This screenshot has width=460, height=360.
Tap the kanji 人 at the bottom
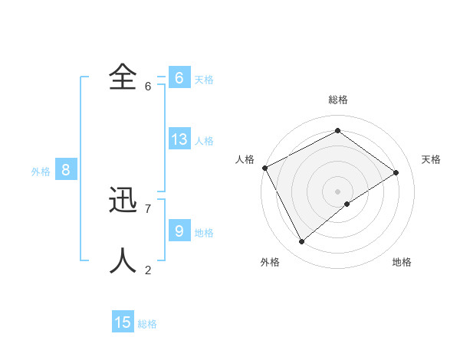[123, 261]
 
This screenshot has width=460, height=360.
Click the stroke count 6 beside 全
[148, 86]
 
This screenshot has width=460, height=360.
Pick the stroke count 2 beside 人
[148, 270]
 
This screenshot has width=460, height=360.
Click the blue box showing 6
[179, 78]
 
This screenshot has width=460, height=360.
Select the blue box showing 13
[179, 139]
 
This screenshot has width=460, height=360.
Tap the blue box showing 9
[179, 231]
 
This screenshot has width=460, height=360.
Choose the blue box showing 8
[66, 170]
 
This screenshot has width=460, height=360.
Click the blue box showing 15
[123, 322]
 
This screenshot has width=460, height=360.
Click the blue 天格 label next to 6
[204, 80]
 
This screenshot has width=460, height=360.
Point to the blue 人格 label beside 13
[204, 141]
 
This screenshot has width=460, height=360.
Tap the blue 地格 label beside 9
[204, 232]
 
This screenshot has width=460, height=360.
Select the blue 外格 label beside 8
[41, 172]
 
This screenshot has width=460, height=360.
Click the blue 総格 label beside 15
[147, 324]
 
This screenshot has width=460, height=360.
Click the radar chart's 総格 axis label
[338, 100]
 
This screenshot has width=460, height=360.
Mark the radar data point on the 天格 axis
[396, 172]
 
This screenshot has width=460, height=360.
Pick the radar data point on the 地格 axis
[347, 204]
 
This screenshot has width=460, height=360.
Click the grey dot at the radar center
[337, 191]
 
